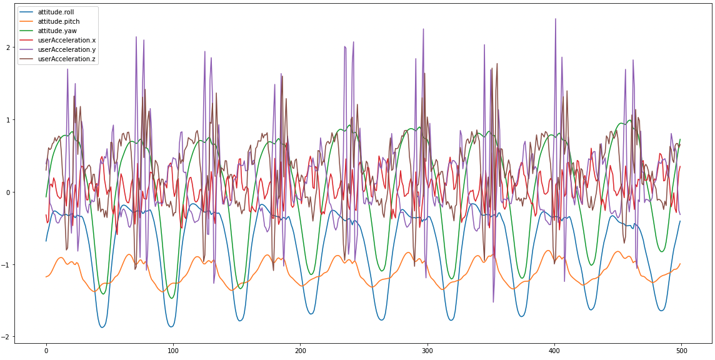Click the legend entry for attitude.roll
[x=56, y=12]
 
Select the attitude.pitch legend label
[x=58, y=21]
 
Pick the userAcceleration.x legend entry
[x=66, y=40]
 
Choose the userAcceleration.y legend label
[x=66, y=49]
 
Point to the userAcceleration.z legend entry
[x=66, y=59]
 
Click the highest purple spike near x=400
[x=555, y=19]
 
